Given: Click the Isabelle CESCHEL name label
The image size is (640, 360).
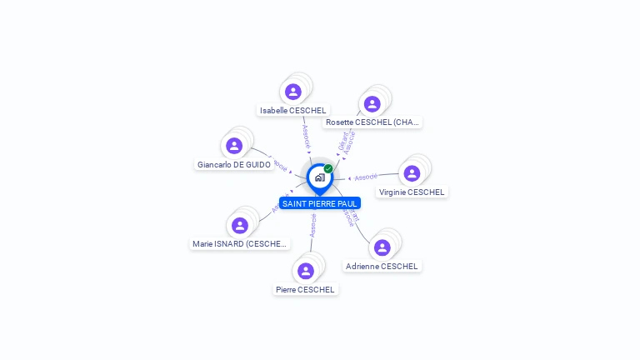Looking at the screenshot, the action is click(x=292, y=110).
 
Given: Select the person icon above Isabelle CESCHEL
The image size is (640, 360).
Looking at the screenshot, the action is click(x=292, y=92).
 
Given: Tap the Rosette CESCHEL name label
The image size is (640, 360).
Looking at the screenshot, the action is click(x=372, y=122).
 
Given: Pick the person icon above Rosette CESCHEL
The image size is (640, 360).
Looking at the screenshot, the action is click(x=372, y=104).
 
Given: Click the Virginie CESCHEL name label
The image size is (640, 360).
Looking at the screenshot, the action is click(x=412, y=192).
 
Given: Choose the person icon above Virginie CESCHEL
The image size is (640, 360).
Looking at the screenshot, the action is click(x=412, y=173).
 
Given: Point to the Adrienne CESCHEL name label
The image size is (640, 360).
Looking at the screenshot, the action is click(x=382, y=267).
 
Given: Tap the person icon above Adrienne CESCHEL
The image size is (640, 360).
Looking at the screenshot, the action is click(x=382, y=247).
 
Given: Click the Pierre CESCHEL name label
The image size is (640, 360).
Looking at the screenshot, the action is click(x=306, y=290).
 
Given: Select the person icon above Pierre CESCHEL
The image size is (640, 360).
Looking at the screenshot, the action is click(x=306, y=271).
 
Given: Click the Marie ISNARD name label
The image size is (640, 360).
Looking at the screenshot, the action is click(x=240, y=244).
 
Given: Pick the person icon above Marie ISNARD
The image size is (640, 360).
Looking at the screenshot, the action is click(x=240, y=226).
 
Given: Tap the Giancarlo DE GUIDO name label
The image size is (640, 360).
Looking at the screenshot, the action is click(x=234, y=165).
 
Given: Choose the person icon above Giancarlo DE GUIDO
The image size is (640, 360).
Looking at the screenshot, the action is click(x=234, y=146).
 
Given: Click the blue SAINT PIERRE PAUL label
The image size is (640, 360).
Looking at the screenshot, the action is click(x=320, y=203).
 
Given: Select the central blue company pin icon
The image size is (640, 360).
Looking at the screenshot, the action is click(x=319, y=177).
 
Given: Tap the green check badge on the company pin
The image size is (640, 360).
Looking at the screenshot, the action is click(x=328, y=169).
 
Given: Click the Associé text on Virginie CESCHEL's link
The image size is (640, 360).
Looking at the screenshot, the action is click(x=366, y=177).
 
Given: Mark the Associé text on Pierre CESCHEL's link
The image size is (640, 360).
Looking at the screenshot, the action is click(x=312, y=225).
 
